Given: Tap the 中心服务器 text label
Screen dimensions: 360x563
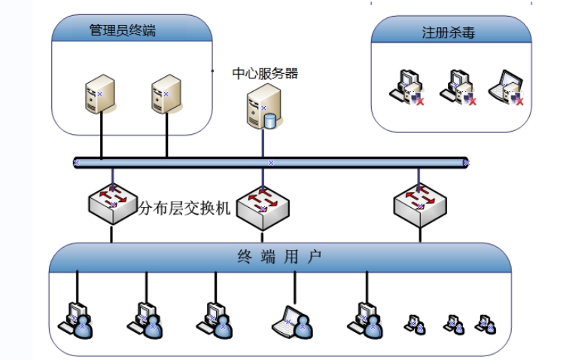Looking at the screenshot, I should pos(265,73).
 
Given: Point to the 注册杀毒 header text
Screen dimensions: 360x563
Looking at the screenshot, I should pos(448,33).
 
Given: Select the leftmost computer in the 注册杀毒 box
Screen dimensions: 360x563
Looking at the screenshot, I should pos(406,87).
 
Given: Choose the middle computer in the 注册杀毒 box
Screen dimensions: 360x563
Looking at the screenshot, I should pos(458,87).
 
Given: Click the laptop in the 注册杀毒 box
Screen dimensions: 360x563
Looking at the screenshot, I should pos(507,87).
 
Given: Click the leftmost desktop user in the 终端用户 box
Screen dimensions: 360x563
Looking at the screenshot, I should pos(75,319).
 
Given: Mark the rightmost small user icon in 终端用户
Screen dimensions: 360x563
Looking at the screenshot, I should pos(485,324).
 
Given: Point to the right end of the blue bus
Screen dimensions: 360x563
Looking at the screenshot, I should pos(465,162).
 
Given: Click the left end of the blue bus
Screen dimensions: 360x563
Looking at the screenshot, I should pos(76,162).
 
